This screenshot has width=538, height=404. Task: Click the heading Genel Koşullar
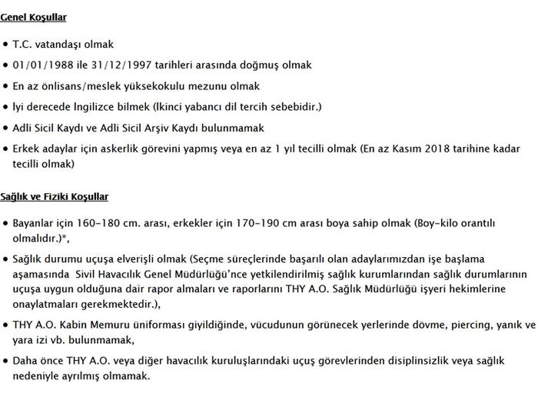point(33,16)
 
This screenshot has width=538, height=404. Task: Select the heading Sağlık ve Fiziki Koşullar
point(54,196)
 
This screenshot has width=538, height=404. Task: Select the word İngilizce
point(115,107)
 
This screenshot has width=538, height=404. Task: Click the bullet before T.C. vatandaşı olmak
point(6,45)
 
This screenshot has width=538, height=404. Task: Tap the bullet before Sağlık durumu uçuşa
point(6,259)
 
